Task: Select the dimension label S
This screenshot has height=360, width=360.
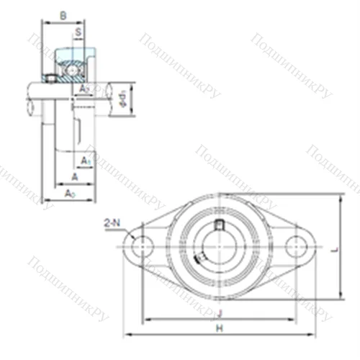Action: (77, 32)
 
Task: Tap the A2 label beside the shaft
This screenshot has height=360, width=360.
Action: (84, 89)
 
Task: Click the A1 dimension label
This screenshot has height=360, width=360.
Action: (86, 160)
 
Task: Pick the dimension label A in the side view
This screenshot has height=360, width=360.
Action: (74, 176)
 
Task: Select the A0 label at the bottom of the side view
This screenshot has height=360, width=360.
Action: (69, 194)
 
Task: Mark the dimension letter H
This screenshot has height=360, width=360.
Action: (220, 328)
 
